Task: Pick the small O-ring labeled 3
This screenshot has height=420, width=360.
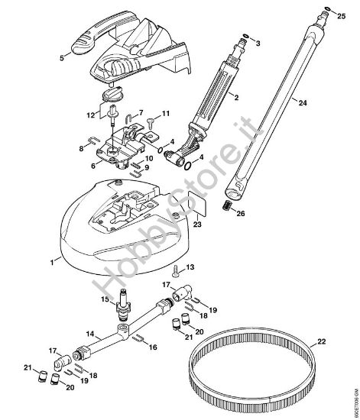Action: pos(245,35)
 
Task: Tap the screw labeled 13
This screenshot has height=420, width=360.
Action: pos(177,269)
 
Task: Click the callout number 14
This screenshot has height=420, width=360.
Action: pos(91,334)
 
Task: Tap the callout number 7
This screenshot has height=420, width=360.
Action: pos(140,112)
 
